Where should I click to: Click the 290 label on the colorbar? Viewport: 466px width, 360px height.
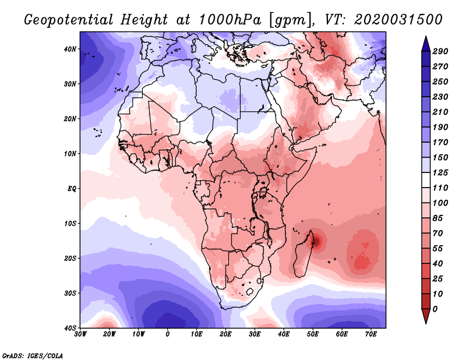click(440, 51)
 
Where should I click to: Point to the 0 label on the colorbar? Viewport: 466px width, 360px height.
click(435, 308)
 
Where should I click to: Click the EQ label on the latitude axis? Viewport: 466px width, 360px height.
click(72, 189)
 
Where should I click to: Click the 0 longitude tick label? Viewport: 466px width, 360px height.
click(168, 334)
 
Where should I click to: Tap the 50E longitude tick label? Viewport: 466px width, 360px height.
click(313, 334)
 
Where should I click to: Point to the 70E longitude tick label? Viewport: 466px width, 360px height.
click(371, 334)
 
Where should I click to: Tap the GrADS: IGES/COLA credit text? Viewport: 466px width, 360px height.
click(33, 355)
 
